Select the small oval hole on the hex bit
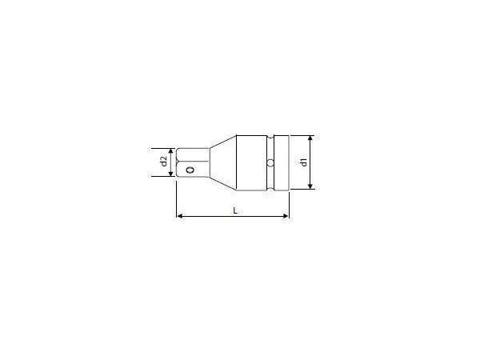pos(190,170)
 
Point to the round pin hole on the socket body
pos(270,162)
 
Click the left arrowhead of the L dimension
pos(179,216)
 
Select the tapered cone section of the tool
pos(223,162)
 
